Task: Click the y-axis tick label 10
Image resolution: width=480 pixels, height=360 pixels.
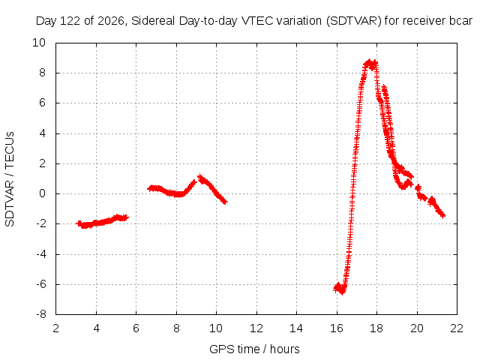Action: [39, 43]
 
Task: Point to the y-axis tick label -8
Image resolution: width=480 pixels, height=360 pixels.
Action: [41, 314]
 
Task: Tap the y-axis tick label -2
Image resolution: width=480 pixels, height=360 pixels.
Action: [41, 223]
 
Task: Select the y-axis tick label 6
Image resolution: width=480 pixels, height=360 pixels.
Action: [42, 103]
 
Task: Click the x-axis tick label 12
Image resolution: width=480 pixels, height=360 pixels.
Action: [256, 328]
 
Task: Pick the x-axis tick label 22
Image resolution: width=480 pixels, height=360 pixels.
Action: [457, 328]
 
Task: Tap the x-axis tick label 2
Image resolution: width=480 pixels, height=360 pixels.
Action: [56, 328]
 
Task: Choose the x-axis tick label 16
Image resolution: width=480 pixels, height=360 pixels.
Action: [337, 328]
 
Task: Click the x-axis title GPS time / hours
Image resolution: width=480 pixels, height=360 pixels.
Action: [254, 349]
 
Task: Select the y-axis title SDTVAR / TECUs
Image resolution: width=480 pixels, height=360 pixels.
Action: [10, 179]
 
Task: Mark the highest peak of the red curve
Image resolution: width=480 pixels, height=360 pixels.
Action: [370, 61]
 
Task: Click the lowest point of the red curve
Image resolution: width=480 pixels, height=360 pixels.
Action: [342, 292]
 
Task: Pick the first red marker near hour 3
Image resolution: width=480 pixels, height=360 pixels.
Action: [79, 223]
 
